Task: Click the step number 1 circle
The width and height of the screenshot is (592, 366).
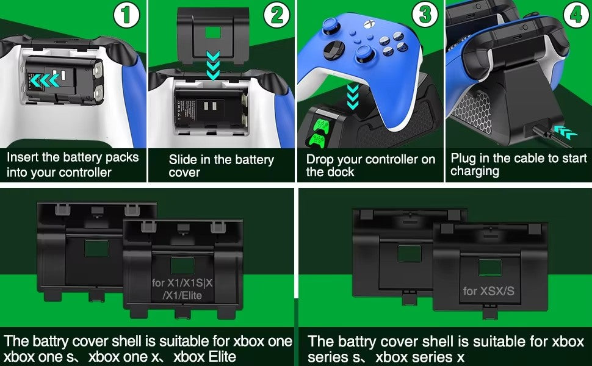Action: [x=127, y=15]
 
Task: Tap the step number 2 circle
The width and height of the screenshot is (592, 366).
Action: [x=276, y=15]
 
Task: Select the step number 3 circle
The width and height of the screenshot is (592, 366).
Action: [x=425, y=15]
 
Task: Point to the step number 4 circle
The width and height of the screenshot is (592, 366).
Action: [x=576, y=15]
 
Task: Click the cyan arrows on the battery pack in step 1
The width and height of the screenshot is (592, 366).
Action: [x=45, y=81]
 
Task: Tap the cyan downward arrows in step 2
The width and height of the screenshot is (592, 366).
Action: [x=214, y=66]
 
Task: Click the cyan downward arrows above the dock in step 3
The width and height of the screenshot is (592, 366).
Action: [x=353, y=97]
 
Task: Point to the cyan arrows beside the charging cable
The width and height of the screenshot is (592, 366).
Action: [x=565, y=132]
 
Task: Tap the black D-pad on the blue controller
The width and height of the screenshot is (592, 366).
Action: [x=334, y=50]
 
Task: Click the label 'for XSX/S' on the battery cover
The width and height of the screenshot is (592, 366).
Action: [x=488, y=291]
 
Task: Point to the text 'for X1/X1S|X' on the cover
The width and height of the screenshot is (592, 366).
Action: [x=182, y=282]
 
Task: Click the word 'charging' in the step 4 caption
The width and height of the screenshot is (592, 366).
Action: [x=475, y=171]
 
